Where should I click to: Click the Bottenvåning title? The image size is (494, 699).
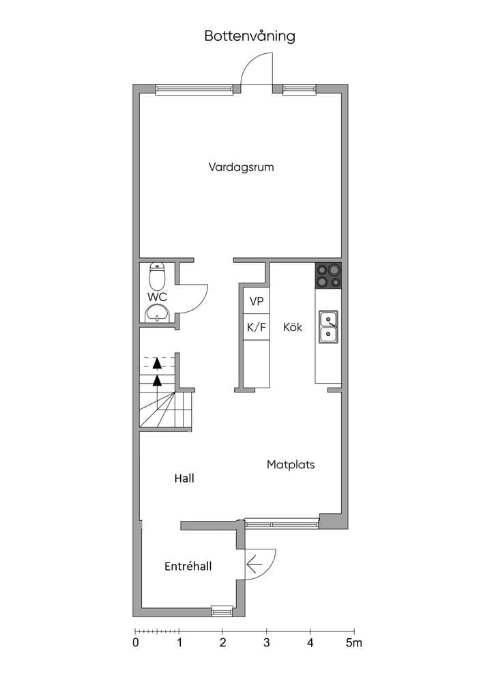point(250,36)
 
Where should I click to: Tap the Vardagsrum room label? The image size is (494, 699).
point(241,167)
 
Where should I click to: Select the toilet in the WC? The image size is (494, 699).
point(157,276)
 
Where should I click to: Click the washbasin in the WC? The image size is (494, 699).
point(157,313)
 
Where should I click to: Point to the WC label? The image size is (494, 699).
point(157,297)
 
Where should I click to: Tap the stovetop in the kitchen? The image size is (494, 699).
point(328,275)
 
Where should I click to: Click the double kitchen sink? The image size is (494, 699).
point(328,327)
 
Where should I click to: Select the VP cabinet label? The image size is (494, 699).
point(256,301)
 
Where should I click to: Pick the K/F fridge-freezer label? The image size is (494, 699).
point(256,328)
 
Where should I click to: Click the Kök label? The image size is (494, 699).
point(293,327)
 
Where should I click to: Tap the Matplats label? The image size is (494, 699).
point(291,464)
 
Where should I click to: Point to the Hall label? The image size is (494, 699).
point(184,479)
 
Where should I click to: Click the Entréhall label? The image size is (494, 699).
point(188,566)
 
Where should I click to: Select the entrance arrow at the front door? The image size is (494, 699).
point(255,565)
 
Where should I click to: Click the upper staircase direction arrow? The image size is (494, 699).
point(157,363)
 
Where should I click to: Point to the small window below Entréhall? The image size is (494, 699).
point(222,611)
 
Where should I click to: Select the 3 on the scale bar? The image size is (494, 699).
point(266,642)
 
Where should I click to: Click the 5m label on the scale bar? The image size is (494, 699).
point(354,642)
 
